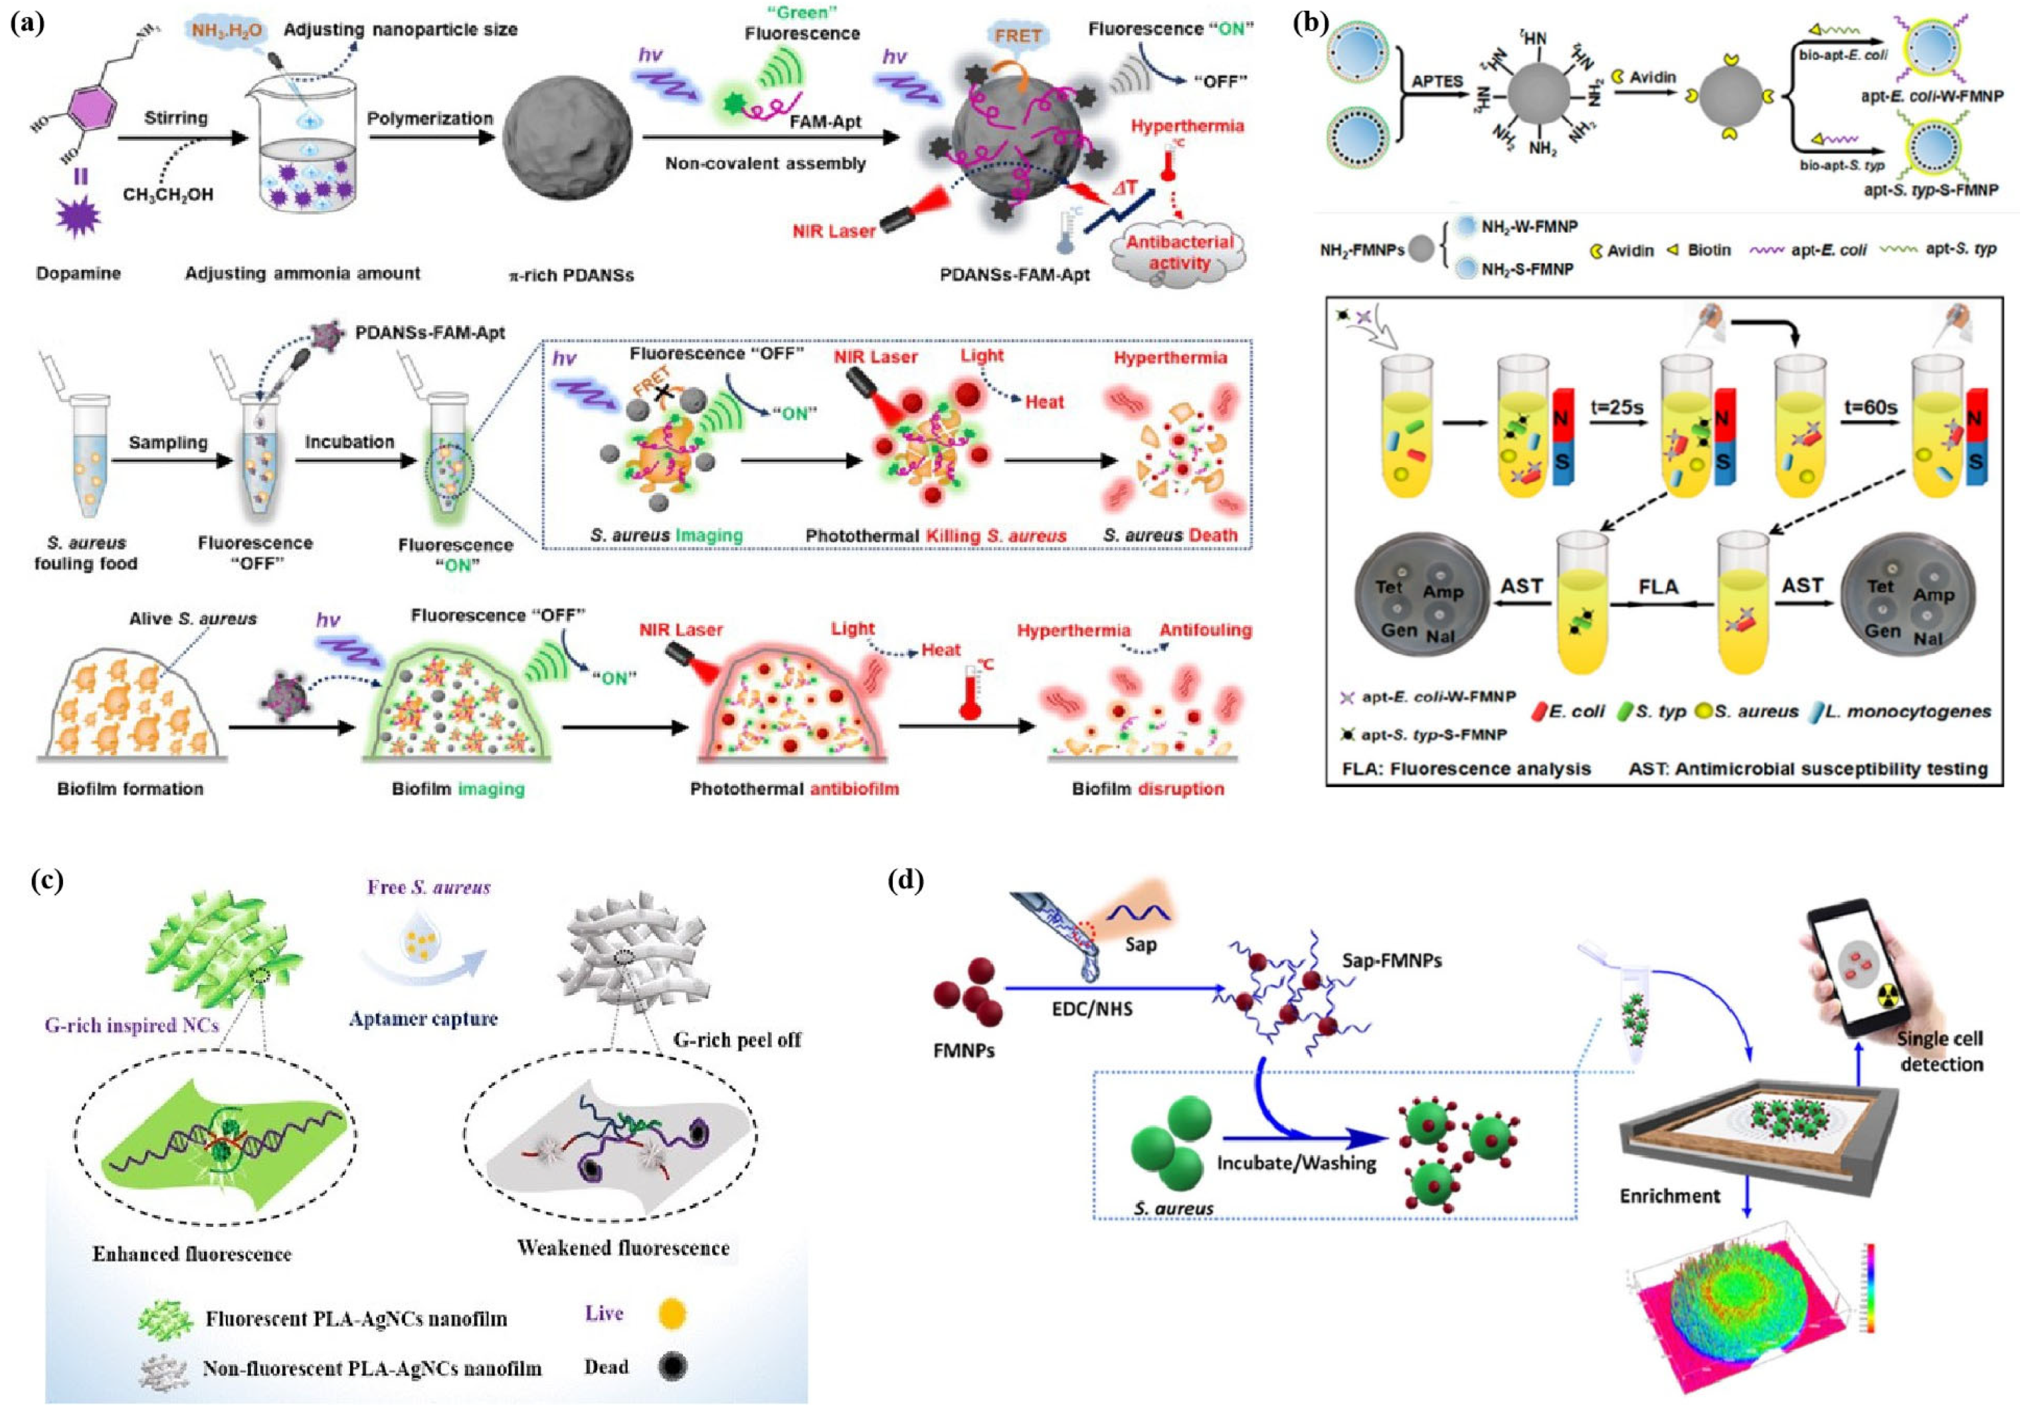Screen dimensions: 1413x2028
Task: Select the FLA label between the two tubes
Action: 1658,587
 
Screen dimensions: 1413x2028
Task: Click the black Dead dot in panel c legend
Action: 672,1367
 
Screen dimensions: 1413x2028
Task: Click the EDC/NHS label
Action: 1092,1008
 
